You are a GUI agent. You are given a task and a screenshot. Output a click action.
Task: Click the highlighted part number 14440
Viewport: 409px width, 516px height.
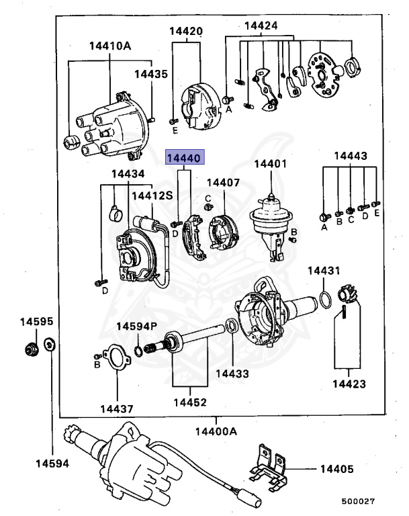(x=183, y=159)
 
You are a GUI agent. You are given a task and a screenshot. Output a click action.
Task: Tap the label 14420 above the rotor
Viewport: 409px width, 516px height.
(x=186, y=31)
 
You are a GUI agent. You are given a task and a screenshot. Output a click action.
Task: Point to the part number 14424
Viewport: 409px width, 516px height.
(x=261, y=26)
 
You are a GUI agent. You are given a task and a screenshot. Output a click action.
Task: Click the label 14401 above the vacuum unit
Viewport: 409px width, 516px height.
(x=270, y=163)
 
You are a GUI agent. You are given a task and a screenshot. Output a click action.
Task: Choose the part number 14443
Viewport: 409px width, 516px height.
(x=351, y=156)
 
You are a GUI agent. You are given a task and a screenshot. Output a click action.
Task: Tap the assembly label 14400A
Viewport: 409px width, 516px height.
(x=216, y=431)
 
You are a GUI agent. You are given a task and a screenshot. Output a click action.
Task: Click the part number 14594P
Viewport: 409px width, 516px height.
(x=136, y=326)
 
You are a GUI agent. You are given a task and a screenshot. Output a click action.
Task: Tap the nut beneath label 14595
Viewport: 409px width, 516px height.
(x=29, y=348)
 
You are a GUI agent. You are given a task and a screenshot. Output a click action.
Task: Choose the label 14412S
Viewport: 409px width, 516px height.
(x=152, y=196)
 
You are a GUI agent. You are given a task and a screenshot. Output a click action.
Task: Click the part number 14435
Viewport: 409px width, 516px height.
(x=150, y=74)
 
